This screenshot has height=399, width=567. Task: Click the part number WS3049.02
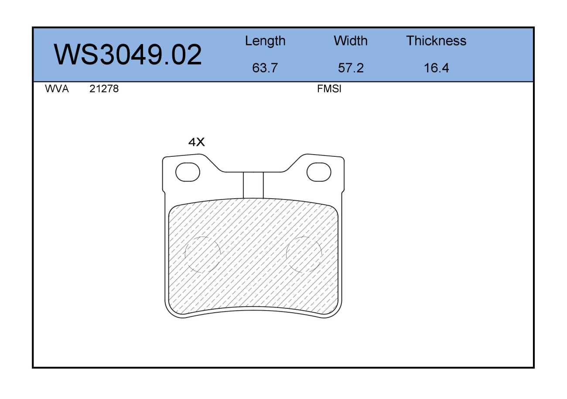point(128,54)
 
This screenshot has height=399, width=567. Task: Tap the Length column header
point(265,41)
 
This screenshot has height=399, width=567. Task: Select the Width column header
point(351,41)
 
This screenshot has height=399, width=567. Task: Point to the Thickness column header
point(436,41)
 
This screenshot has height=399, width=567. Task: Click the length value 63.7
point(265,68)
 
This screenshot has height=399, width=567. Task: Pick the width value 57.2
point(351,68)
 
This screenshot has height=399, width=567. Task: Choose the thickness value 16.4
point(437,68)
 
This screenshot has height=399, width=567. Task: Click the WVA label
point(57,89)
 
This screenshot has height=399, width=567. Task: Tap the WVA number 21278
point(104,89)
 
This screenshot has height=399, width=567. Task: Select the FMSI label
point(329,89)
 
